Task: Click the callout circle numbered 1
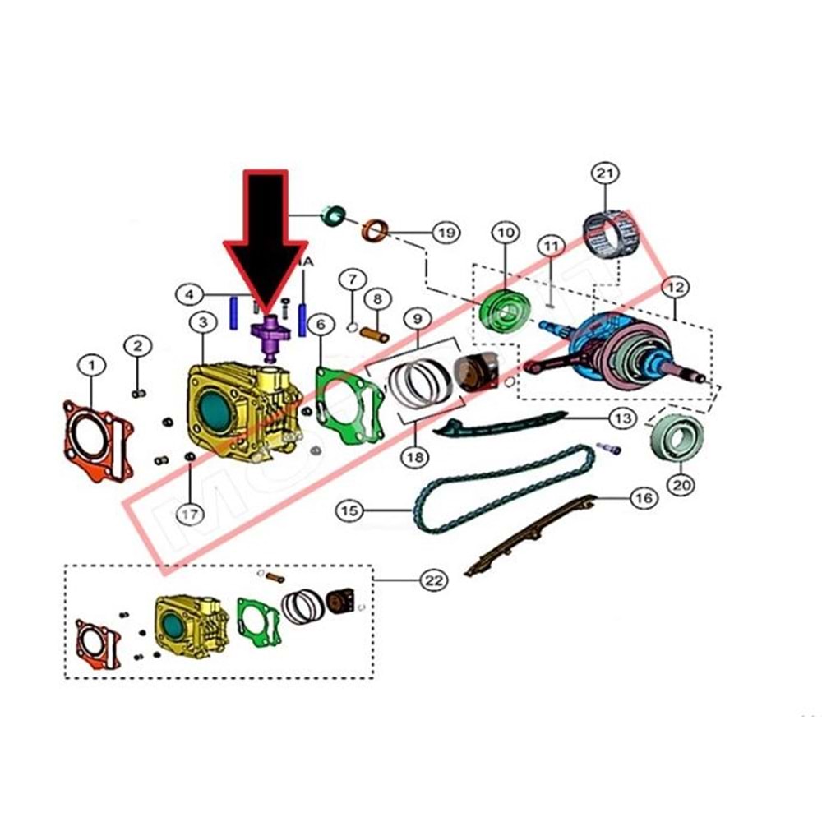tap(92, 363)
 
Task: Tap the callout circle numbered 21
tap(605, 174)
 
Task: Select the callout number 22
tap(434, 580)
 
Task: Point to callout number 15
tap(349, 510)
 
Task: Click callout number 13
tap(622, 418)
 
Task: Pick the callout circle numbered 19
tap(445, 233)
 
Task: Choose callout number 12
tap(676, 288)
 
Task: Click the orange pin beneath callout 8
tap(378, 335)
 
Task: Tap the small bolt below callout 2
tap(139, 392)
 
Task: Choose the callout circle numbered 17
tap(190, 514)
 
